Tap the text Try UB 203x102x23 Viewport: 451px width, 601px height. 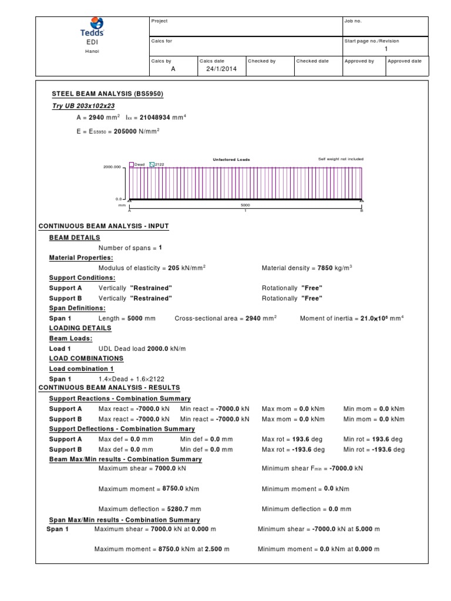click(x=83, y=106)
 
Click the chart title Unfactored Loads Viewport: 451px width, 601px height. click(x=231, y=159)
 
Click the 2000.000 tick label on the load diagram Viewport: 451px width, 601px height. click(x=112, y=167)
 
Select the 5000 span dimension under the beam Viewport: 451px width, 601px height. click(x=245, y=205)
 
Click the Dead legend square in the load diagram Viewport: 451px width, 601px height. click(x=132, y=164)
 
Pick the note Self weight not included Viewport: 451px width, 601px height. click(x=341, y=159)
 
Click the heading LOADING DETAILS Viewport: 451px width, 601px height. click(x=80, y=328)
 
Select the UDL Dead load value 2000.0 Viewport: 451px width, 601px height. click(x=158, y=349)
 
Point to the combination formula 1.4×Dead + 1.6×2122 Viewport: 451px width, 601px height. click(x=136, y=379)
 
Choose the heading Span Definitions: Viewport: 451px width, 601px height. click(x=78, y=308)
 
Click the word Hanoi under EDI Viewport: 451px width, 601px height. click(x=92, y=52)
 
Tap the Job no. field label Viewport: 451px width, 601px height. click(x=353, y=21)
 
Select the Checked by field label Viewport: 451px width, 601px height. click(x=261, y=61)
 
